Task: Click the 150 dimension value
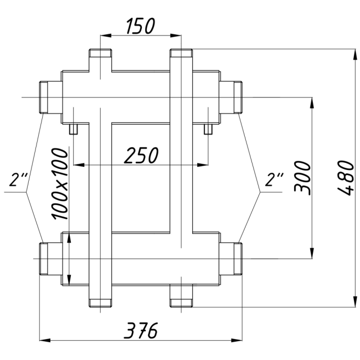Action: click(x=141, y=26)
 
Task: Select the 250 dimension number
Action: click(x=141, y=155)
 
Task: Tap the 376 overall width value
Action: click(x=141, y=331)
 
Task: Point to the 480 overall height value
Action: click(x=346, y=178)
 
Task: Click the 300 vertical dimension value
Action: click(x=302, y=178)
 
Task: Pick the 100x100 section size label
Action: click(x=60, y=184)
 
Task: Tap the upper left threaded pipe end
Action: click(x=44, y=97)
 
